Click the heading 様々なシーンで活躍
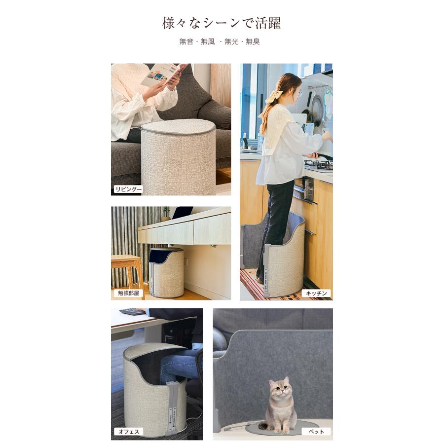222,23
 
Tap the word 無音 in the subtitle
186,42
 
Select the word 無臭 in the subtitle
253,42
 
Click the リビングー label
128,189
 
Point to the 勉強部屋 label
127,293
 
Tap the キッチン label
316,293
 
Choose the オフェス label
129,432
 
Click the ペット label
316,432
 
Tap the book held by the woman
163,74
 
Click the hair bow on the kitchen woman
274,96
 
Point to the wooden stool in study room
126,269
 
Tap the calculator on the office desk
133,312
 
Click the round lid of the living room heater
178,126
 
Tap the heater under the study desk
166,273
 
